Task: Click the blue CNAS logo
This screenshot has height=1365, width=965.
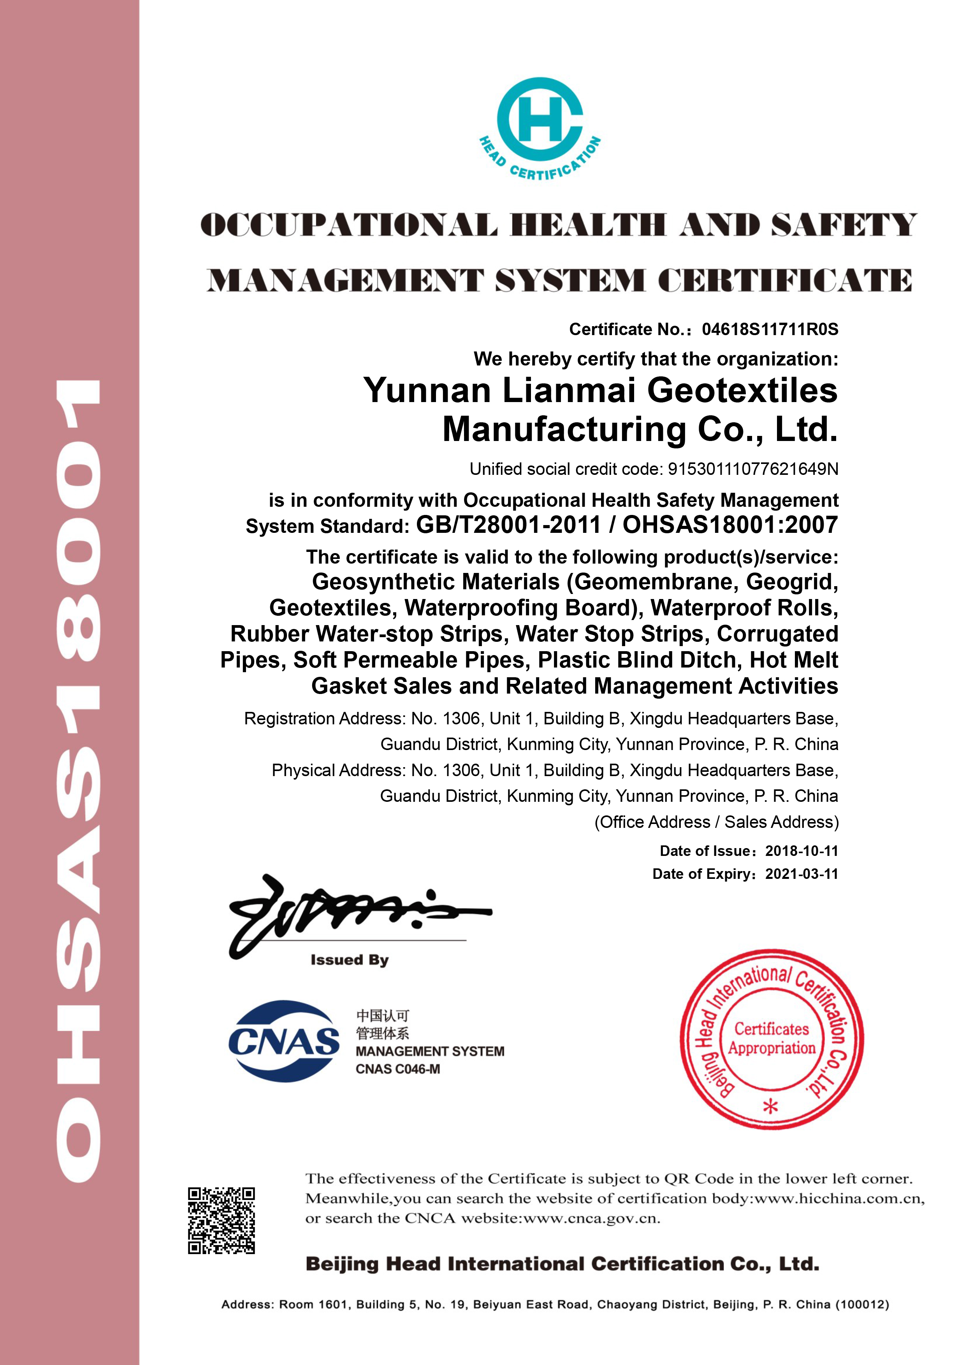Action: coord(284,1041)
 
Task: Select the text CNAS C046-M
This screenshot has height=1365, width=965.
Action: coord(398,1068)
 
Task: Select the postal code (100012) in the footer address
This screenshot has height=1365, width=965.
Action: coord(862,1304)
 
